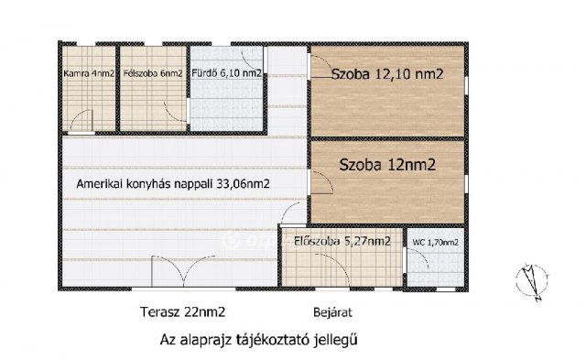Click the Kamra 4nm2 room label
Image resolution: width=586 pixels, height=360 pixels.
[89, 75]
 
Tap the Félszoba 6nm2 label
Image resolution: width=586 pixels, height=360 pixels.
[152, 75]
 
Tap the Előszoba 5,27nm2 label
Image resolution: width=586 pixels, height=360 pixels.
[342, 242]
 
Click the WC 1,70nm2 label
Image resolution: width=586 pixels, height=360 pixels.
[434, 242]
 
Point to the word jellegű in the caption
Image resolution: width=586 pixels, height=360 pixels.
[334, 339]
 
